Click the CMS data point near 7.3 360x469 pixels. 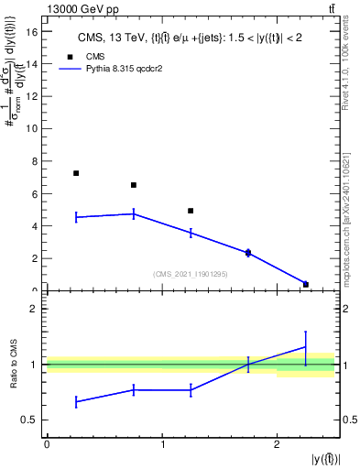pyautogui.click(x=76, y=173)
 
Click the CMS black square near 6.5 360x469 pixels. pyautogui.click(x=134, y=185)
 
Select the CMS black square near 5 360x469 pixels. pyautogui.click(x=191, y=211)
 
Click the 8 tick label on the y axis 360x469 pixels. pyautogui.click(x=36, y=161)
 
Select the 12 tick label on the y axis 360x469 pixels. pyautogui.click(x=33, y=96)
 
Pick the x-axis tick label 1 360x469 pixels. pyautogui.click(x=162, y=444)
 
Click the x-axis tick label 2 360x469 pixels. pyautogui.click(x=277, y=444)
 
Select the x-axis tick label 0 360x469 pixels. pyautogui.click(x=47, y=444)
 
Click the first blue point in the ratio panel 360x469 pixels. pyautogui.click(x=76, y=401)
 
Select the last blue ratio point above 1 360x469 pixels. pyautogui.click(x=305, y=346)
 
